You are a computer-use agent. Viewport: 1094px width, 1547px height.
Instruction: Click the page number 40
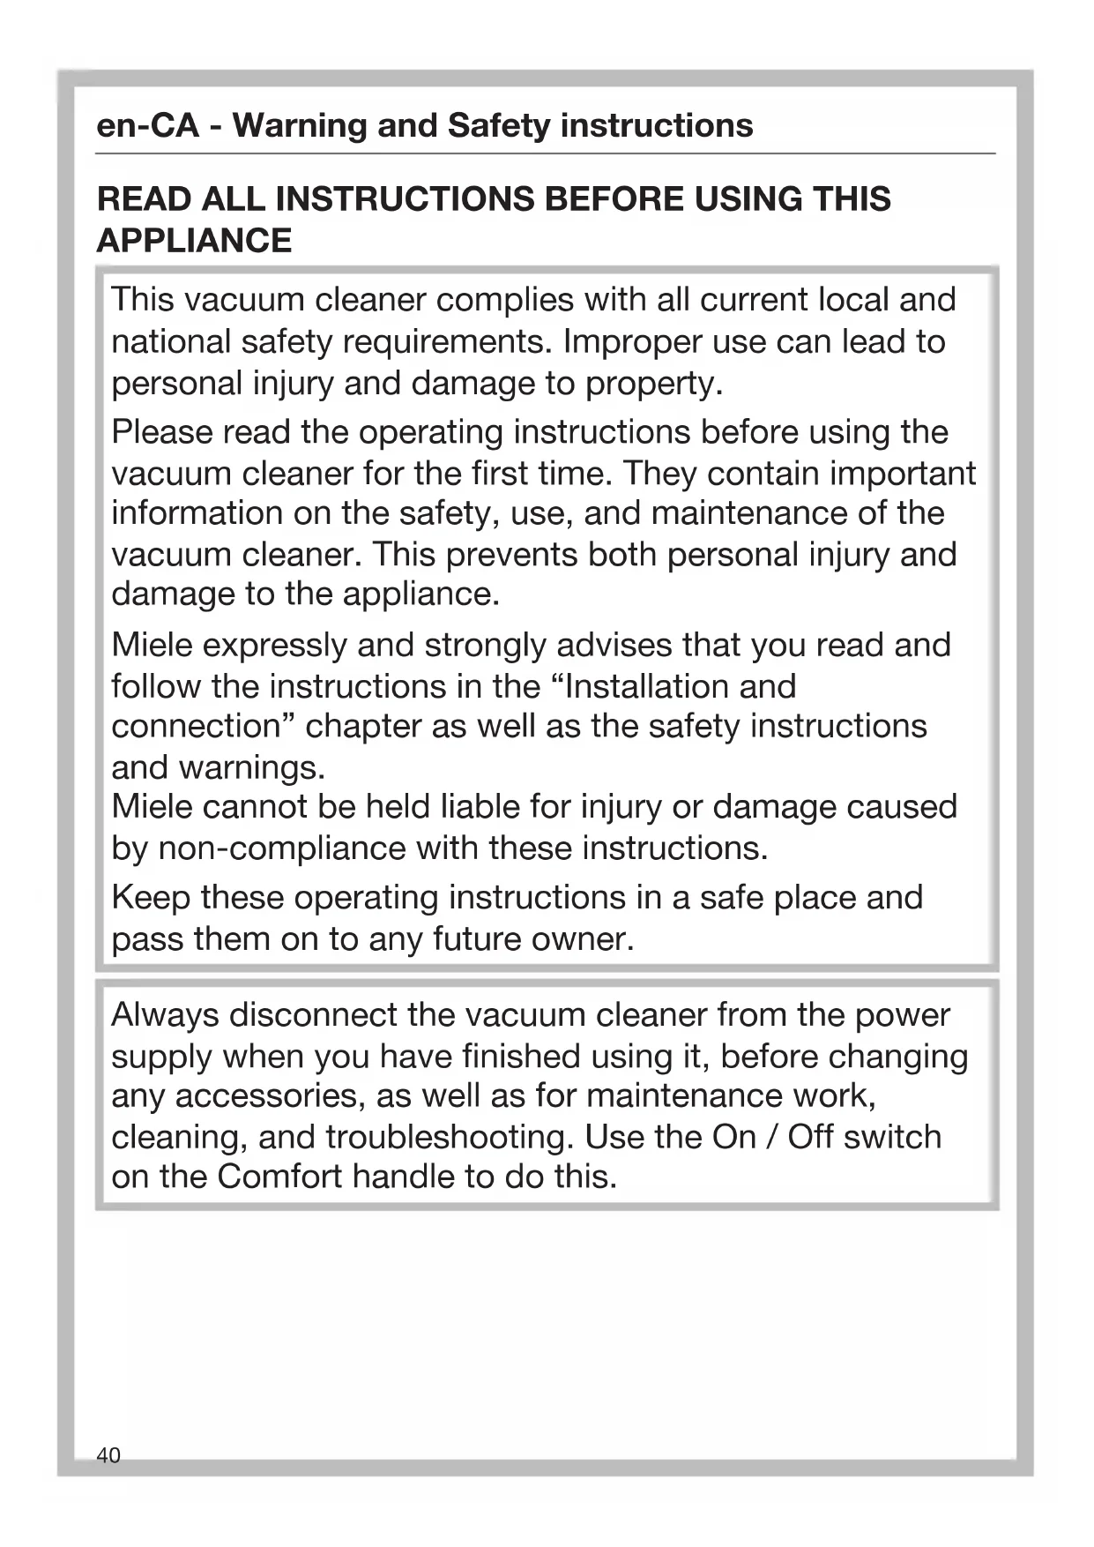pyautogui.click(x=108, y=1454)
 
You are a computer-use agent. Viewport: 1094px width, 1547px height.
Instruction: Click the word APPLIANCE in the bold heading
pyautogui.click(x=194, y=240)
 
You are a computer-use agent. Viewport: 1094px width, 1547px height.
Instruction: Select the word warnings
pyautogui.click(x=252, y=767)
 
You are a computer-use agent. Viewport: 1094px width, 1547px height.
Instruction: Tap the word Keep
pyautogui.click(x=150, y=897)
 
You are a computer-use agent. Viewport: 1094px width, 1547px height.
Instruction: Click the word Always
pyautogui.click(x=165, y=1015)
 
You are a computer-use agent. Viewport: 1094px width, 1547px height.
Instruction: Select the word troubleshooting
pyautogui.click(x=450, y=1137)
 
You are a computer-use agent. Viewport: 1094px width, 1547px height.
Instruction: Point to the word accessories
pyautogui.click(x=269, y=1096)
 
